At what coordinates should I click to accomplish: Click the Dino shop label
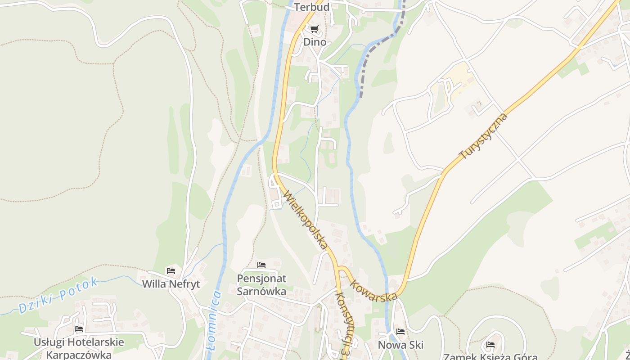(315, 42)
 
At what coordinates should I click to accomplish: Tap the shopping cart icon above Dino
(314, 29)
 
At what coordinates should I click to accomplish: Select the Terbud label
(312, 7)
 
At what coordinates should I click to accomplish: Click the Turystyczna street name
(483, 136)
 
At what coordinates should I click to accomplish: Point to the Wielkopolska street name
(305, 220)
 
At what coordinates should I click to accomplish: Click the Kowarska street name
(373, 291)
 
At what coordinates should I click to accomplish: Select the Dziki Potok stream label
(58, 295)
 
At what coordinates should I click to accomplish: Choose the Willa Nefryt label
(171, 284)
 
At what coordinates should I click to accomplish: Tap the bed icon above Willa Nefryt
(171, 271)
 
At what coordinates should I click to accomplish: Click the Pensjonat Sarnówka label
(261, 285)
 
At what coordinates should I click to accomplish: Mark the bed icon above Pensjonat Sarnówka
(261, 265)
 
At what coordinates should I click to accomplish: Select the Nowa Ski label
(400, 345)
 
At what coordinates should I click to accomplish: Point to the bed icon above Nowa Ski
(400, 332)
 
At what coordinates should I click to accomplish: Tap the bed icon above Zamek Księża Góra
(490, 345)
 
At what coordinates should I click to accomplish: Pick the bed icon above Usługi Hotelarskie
(79, 329)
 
